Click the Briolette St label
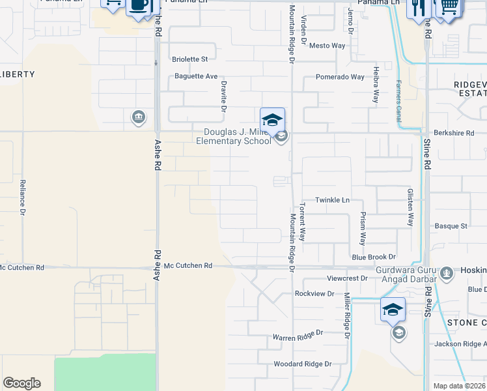[189, 59]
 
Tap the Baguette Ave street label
[196, 76]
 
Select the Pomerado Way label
[340, 77]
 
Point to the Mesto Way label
[327, 46]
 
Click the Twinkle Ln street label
[332, 200]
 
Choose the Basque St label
[455, 226]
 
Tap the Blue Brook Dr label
[374, 257]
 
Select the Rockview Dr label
[314, 294]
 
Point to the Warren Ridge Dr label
[297, 338]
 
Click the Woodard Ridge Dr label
[302, 364]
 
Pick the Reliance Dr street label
[22, 197]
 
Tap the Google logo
[21, 383]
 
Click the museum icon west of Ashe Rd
[138, 117]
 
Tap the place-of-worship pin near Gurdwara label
[446, 274]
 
